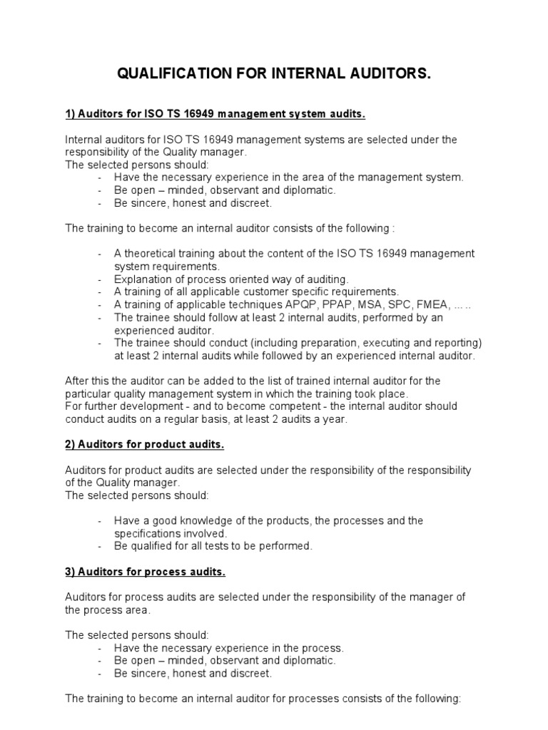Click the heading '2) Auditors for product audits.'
(145, 445)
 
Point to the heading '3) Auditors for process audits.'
(146, 572)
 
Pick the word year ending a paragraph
(333, 419)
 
